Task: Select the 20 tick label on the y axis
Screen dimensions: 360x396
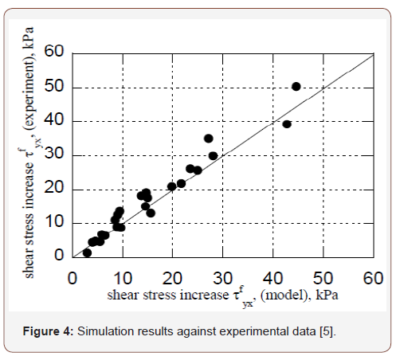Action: coord(53,189)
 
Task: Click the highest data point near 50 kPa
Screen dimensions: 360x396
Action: coord(296,86)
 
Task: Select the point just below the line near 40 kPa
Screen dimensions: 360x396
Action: coord(287,123)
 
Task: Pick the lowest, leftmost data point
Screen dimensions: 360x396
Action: coord(87,252)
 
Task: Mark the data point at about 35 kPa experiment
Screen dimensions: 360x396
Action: coord(209,139)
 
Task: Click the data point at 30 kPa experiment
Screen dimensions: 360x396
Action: coord(213,156)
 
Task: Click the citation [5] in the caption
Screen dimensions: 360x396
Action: coord(327,331)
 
